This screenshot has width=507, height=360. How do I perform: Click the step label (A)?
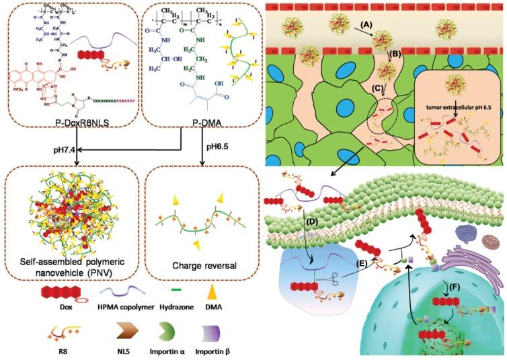point(366,24)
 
